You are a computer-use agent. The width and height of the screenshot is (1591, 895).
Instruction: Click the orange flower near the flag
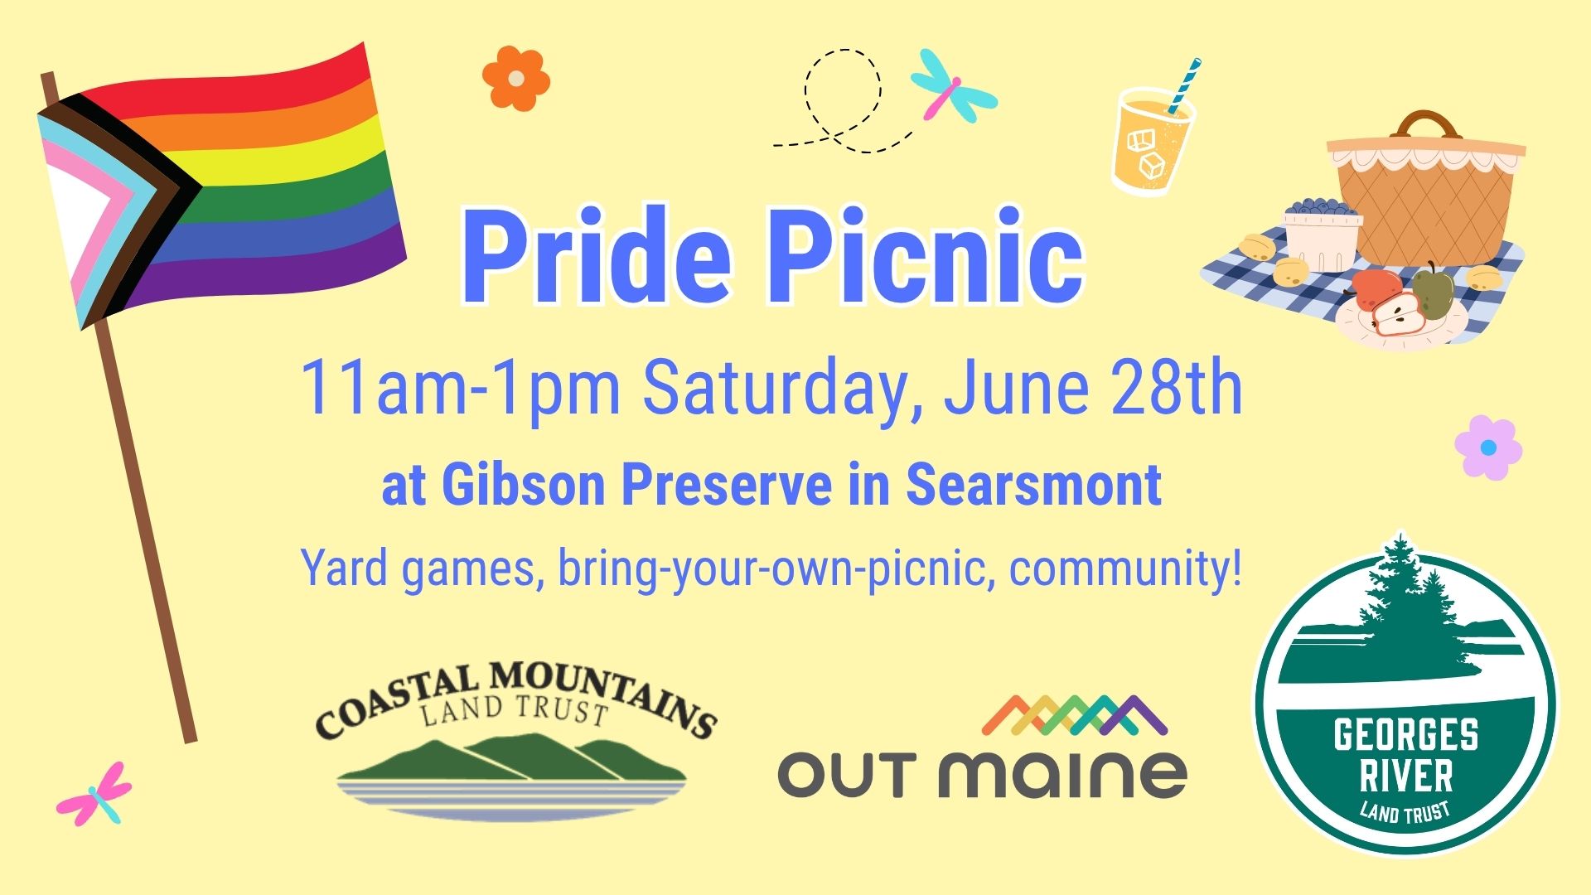(516, 79)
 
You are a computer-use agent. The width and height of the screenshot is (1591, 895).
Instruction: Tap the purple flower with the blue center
(1488, 447)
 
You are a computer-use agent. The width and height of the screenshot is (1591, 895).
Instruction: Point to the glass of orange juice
(1152, 141)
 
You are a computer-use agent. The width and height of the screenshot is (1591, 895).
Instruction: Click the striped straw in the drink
(1185, 85)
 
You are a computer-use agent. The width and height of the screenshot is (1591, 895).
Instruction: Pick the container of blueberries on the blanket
(1323, 234)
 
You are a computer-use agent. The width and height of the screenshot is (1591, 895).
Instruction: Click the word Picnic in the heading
(927, 257)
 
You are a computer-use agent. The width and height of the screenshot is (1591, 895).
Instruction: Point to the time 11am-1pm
(460, 388)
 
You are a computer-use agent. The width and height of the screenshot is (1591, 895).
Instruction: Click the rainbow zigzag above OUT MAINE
(1075, 715)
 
